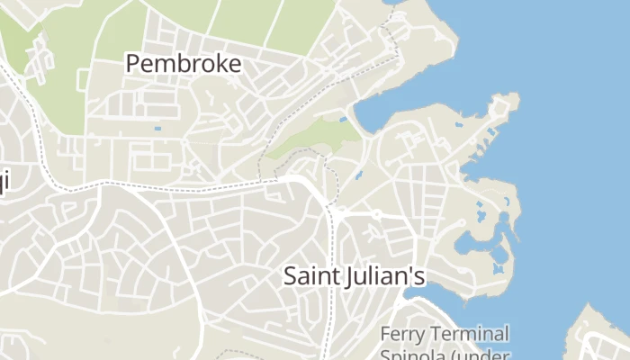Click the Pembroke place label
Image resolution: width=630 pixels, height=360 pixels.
click(x=184, y=64)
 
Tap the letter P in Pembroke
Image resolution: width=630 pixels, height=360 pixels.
click(x=133, y=64)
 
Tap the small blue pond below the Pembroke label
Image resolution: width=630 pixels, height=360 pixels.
click(x=158, y=129)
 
